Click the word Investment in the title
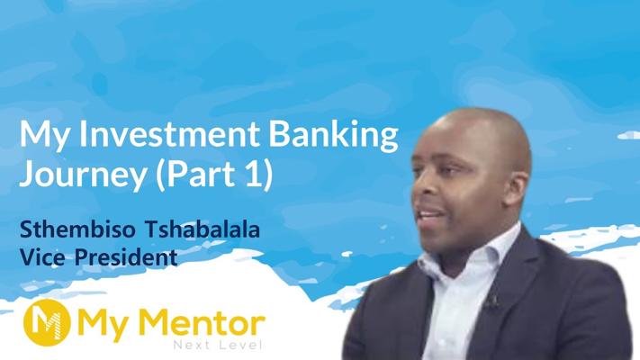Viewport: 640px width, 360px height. (169, 134)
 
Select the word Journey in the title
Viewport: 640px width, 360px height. (83, 175)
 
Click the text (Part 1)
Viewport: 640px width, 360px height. (214, 174)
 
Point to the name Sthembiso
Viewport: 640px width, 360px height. (77, 229)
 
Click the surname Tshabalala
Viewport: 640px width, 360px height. (203, 229)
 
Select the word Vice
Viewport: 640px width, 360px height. (42, 257)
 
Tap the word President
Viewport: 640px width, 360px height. (126, 257)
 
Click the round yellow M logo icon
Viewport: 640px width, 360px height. (47, 322)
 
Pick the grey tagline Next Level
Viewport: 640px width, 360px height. (217, 346)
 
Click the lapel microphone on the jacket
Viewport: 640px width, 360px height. (491, 301)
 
